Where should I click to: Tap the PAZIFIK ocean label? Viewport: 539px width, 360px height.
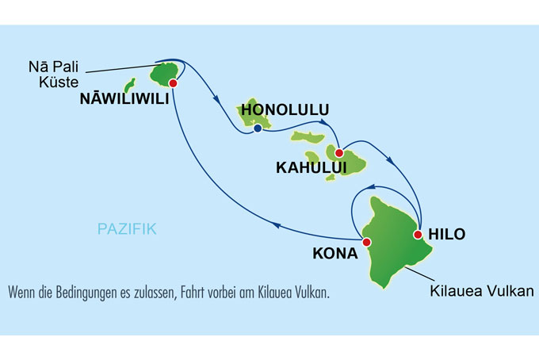(x=127, y=229)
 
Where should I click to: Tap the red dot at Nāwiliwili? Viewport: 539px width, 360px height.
(x=172, y=82)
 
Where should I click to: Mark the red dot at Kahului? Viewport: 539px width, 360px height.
(x=338, y=153)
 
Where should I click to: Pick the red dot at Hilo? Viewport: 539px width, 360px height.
(x=418, y=235)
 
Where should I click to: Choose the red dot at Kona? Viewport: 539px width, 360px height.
(x=365, y=243)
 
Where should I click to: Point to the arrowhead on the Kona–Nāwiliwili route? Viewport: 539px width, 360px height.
(x=276, y=224)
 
